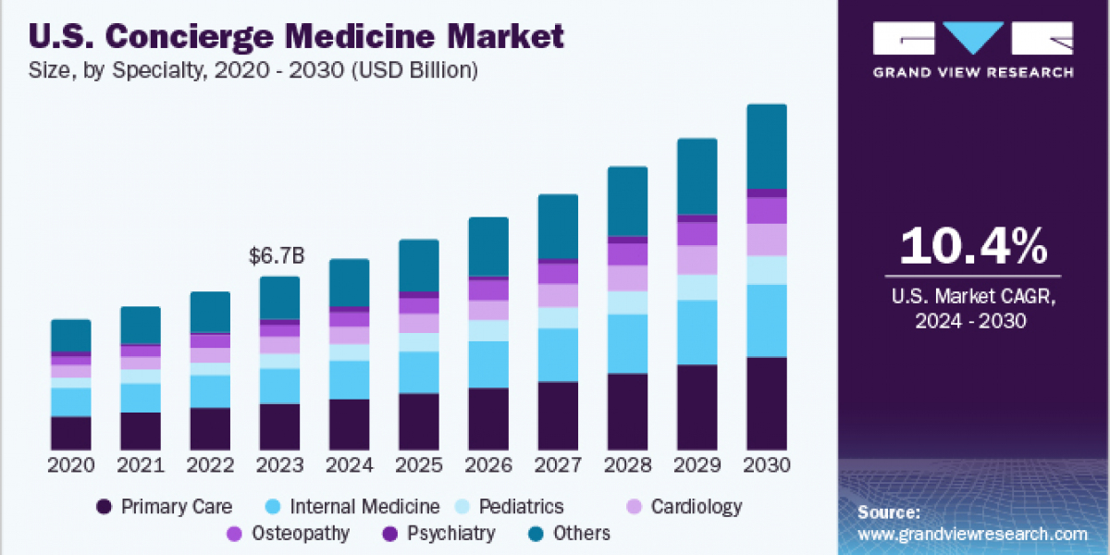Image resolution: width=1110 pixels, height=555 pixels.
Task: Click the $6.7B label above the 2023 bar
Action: click(278, 257)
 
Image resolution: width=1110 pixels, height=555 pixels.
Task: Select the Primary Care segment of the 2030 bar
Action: click(767, 403)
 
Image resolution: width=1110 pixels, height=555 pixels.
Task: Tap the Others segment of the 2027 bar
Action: click(558, 227)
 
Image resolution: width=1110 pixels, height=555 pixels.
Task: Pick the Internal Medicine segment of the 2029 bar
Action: click(697, 332)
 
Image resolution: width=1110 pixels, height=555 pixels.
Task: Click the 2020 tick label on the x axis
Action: click(70, 464)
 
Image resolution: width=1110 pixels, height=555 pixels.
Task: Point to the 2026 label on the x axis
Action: click(488, 464)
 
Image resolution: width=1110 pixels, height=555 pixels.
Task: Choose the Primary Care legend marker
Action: click(105, 507)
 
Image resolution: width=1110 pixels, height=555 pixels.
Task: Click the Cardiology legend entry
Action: click(696, 507)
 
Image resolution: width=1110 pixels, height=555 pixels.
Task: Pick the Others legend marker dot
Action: click(536, 534)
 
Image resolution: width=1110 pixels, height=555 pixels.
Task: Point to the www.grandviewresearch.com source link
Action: click(971, 534)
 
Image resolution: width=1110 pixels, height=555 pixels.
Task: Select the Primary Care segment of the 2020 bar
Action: click(70, 433)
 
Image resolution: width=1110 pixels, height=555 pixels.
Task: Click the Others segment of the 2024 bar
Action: click(349, 282)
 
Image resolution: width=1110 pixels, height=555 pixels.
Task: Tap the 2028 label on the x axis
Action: click(627, 464)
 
